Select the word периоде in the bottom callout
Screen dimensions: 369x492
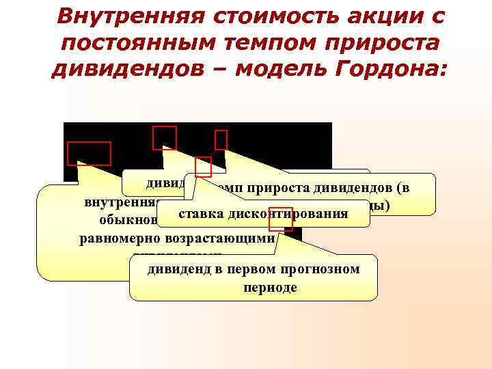(270, 287)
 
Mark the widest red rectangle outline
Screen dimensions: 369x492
(89, 154)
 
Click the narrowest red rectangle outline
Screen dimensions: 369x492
(221, 139)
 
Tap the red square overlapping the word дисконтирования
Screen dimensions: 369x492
(281, 219)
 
